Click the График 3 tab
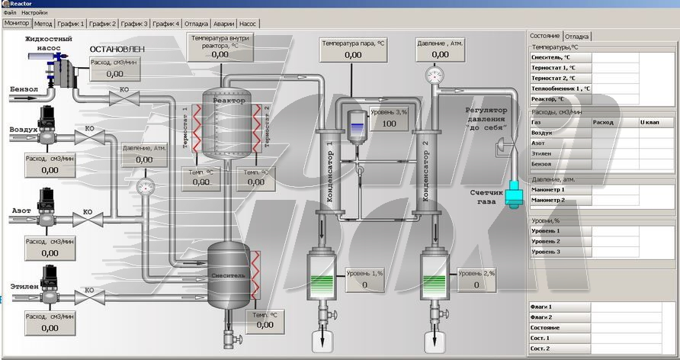click(133, 24)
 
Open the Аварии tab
click(223, 24)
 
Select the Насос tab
click(248, 24)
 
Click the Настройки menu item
click(34, 13)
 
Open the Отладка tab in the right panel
click(577, 36)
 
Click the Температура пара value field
click(353, 55)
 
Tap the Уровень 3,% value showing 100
click(390, 124)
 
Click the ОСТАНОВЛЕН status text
click(117, 50)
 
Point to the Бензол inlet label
click(24, 89)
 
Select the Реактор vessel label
click(229, 100)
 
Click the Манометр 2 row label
click(548, 200)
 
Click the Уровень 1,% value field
click(364, 285)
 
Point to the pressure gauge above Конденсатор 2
click(435, 75)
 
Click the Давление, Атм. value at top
click(440, 55)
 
